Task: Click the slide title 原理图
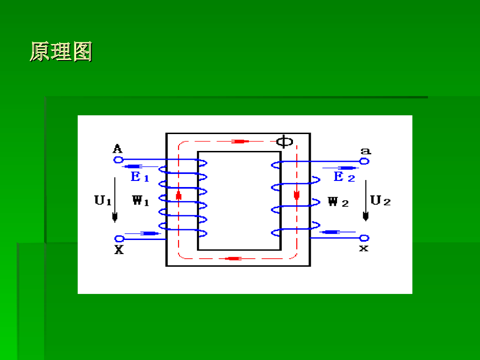tap(61, 52)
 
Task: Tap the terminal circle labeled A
tap(118, 160)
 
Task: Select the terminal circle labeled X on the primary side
tap(120, 239)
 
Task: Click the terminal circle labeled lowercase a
tap(364, 161)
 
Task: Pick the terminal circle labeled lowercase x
tap(364, 238)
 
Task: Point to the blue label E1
tap(140, 177)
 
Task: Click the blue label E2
tap(344, 177)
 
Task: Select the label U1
tap(103, 201)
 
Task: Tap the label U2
tap(380, 201)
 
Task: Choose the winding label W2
tap(338, 202)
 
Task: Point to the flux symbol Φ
tap(285, 141)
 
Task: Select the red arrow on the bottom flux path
tap(233, 258)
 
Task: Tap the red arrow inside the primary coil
tap(179, 196)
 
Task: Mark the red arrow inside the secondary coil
tap(296, 194)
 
